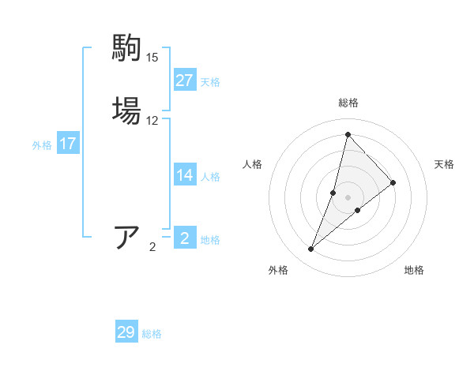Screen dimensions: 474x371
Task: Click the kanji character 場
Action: (x=128, y=110)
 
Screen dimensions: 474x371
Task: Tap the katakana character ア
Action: (x=128, y=237)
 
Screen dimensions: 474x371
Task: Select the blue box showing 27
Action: (x=185, y=81)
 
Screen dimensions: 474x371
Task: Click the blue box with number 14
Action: (x=185, y=176)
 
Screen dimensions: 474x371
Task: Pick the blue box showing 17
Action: (x=68, y=144)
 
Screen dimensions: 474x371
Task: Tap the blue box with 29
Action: (x=126, y=333)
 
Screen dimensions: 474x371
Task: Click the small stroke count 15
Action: (x=152, y=58)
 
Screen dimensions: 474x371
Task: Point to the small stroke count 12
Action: (x=152, y=121)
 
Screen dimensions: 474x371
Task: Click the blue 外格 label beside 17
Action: (x=42, y=145)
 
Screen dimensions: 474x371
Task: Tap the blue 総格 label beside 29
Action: (x=152, y=335)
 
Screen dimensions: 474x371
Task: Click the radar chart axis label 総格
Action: (x=348, y=103)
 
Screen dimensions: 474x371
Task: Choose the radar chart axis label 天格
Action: (x=444, y=164)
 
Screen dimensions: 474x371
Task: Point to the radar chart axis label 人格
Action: (x=253, y=164)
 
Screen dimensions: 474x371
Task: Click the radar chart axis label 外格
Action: (x=278, y=271)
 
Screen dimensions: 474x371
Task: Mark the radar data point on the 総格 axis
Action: (x=348, y=134)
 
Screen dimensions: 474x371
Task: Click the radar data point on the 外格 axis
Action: (x=310, y=249)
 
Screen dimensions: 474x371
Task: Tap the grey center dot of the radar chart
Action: (x=348, y=197)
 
